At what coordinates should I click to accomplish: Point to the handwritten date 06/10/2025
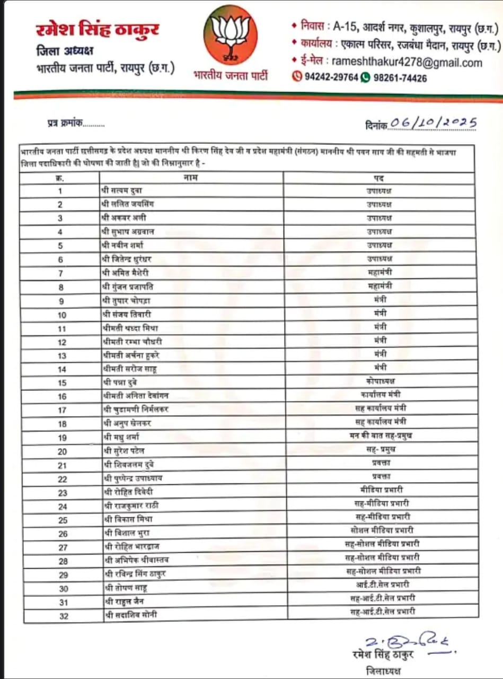(x=432, y=123)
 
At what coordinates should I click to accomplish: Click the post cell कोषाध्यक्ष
(x=380, y=381)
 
